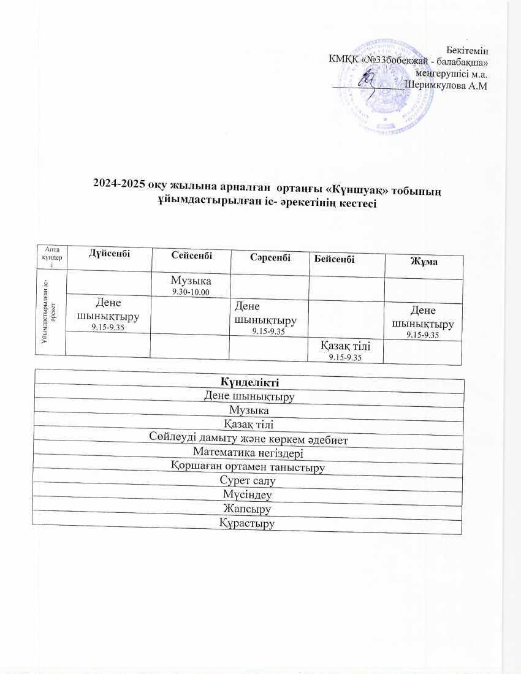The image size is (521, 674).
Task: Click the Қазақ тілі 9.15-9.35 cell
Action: point(346,350)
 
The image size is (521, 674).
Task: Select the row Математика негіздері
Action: point(248,453)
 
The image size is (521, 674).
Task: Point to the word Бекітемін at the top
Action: point(468,48)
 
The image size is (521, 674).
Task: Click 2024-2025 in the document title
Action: point(116,183)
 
